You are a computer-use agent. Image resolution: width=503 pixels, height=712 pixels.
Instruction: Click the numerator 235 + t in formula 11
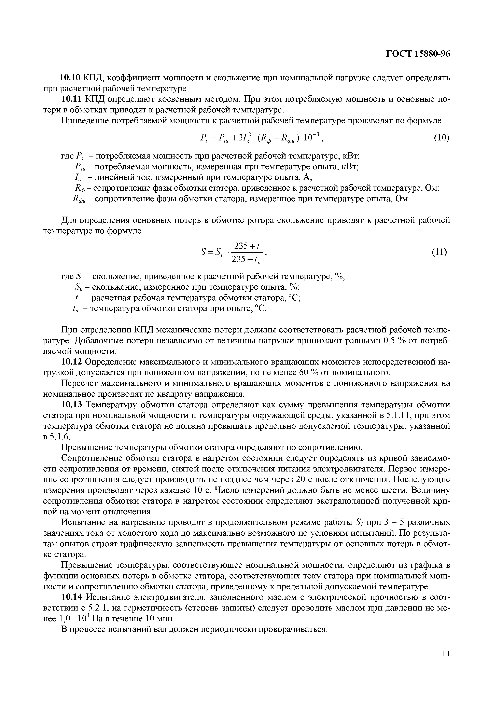click(x=247, y=246)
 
